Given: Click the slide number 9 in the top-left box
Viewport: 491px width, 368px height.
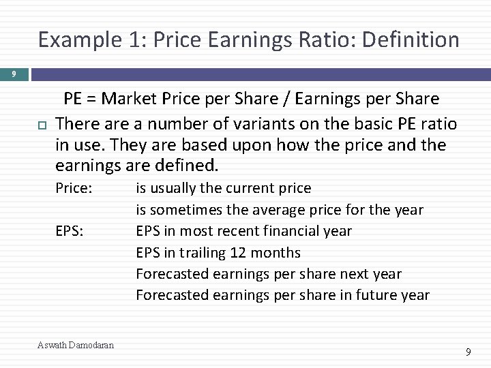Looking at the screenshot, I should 13,74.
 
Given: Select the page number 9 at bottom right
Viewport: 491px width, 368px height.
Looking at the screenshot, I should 467,352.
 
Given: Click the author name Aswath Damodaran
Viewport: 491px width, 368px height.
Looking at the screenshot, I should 76,346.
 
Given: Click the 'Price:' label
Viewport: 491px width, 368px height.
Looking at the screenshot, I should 73,188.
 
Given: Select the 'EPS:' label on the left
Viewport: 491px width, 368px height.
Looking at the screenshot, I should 70,231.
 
